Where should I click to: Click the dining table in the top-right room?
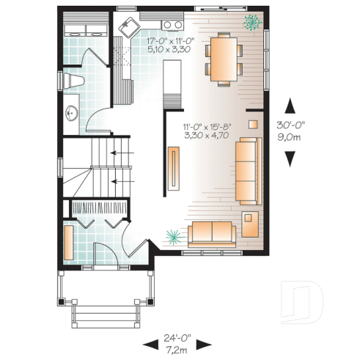point(223,57)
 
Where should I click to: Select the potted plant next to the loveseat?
point(174,235)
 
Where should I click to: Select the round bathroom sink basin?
point(72,113)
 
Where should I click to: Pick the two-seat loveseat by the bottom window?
point(212,234)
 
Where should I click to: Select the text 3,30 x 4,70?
point(207,136)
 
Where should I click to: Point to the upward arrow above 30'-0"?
point(291,106)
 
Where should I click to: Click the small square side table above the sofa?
point(253,124)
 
